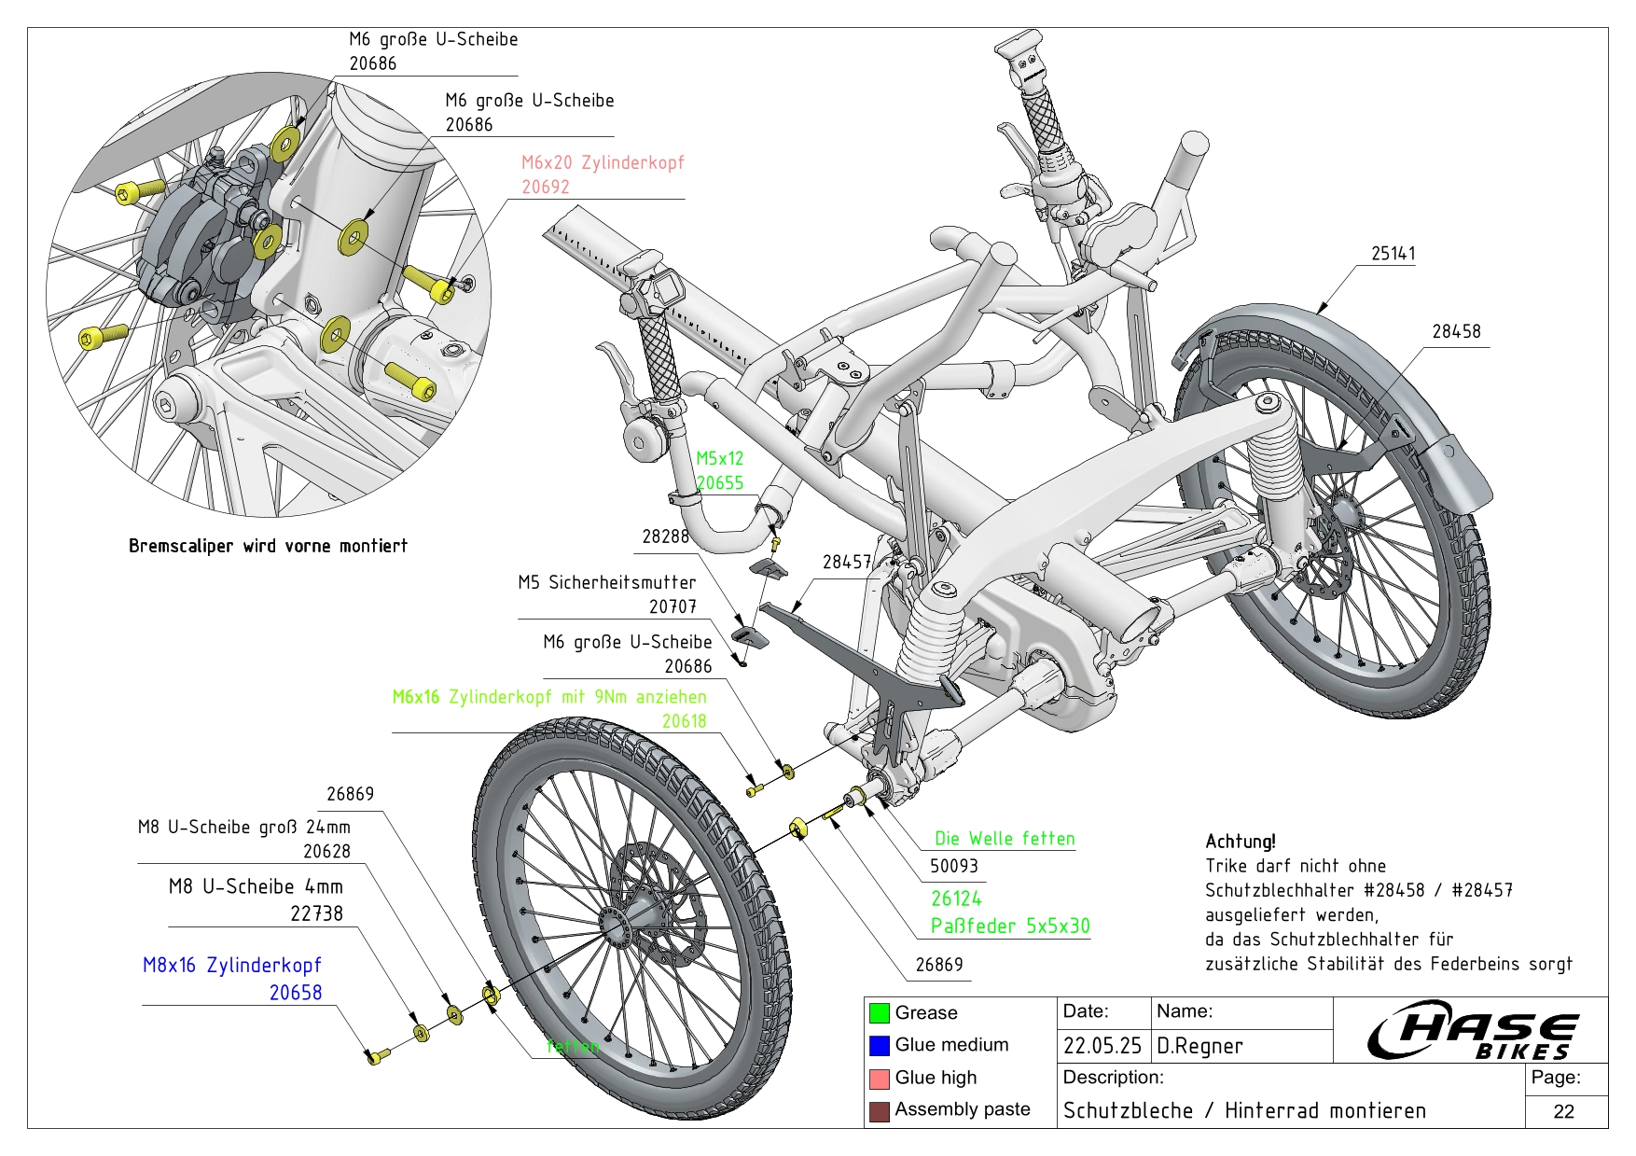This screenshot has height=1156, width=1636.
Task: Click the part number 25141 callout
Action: pos(1393,254)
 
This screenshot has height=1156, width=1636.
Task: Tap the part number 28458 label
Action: pos(1456,331)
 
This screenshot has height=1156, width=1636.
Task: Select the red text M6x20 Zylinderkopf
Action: pos(603,162)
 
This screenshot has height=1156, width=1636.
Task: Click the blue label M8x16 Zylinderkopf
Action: pos(231,966)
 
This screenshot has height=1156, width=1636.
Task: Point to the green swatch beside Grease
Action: pos(879,1013)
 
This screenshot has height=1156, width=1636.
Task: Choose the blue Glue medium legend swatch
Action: pos(879,1046)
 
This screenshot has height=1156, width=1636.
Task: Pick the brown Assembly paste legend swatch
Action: pos(879,1111)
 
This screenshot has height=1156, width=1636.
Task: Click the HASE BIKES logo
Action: pos(1473,1030)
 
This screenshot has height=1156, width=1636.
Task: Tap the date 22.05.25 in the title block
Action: pos(1102,1046)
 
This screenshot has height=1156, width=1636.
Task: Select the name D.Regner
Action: pos(1199,1046)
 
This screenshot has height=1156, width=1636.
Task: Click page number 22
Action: pos(1564,1111)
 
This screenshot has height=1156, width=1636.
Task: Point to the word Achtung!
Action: pos(1240,842)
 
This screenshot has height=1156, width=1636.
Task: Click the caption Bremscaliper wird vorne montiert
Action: pos(268,546)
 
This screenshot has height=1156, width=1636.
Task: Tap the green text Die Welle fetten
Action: pos(1005,839)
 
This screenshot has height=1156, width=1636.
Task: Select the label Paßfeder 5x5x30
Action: pos(1010,926)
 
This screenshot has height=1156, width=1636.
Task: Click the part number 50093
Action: pos(953,866)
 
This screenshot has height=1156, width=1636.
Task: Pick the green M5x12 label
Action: pos(720,458)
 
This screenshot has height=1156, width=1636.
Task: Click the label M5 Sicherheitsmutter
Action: pos(606,582)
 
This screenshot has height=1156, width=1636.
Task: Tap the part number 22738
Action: pos(316,914)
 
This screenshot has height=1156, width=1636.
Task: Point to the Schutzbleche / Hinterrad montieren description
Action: pos(1244,1111)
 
